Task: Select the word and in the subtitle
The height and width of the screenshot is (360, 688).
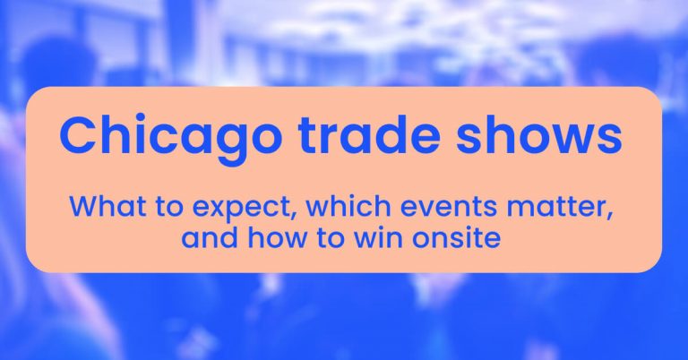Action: click(x=203, y=238)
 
